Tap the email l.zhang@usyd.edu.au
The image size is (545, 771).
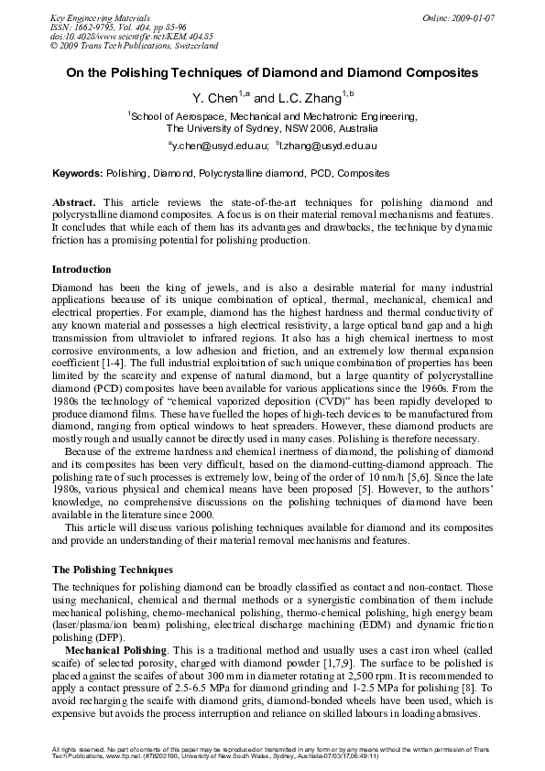333,146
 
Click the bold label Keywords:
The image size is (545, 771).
78,173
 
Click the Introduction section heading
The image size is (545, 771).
82,270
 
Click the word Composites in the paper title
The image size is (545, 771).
432,71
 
